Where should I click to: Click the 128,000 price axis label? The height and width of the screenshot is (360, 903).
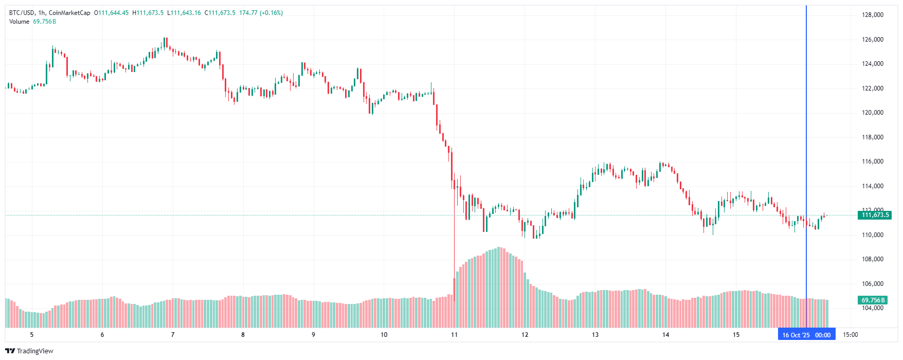click(x=872, y=15)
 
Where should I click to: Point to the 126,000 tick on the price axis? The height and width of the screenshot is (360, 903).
click(x=872, y=40)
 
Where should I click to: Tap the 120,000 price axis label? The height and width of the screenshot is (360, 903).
click(x=872, y=113)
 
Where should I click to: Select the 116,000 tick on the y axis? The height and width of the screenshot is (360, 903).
click(x=872, y=161)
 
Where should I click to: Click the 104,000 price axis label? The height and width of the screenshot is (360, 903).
click(x=872, y=308)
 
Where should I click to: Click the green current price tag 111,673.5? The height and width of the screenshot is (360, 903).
click(x=875, y=215)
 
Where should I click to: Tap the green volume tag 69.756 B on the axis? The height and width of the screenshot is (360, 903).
click(x=873, y=300)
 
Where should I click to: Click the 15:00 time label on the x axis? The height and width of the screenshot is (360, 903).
click(x=851, y=335)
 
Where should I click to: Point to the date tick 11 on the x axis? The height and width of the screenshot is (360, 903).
click(x=454, y=335)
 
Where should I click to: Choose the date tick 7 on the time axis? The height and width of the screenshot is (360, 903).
click(x=173, y=335)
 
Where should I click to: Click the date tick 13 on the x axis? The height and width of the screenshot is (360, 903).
click(x=595, y=335)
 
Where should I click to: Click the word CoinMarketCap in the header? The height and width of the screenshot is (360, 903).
click(x=69, y=13)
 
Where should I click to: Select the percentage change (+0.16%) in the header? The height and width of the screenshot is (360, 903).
click(x=271, y=13)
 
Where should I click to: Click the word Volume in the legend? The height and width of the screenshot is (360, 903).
click(x=19, y=22)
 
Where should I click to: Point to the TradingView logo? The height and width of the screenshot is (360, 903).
click(x=29, y=351)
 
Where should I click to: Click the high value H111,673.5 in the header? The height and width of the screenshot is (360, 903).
click(x=148, y=13)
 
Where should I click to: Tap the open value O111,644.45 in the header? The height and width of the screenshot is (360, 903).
click(x=111, y=13)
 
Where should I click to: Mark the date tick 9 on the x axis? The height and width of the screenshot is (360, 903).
click(x=313, y=335)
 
